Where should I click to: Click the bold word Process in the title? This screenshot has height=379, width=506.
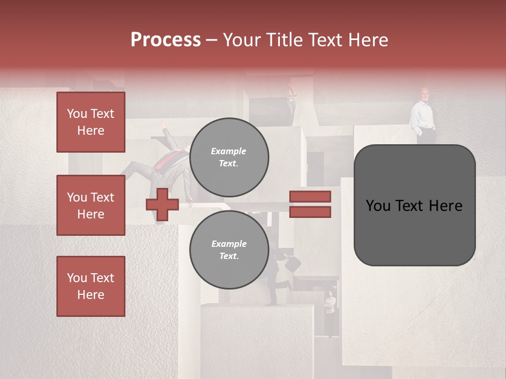click(166, 40)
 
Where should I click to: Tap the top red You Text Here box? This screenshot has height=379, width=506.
click(91, 122)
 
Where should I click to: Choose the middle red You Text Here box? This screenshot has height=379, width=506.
click(91, 205)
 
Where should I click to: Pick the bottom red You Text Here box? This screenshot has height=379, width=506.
click(91, 286)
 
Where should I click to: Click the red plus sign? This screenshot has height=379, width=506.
click(162, 204)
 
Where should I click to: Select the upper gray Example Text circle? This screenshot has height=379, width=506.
click(229, 157)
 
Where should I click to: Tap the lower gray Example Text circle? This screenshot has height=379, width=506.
click(229, 250)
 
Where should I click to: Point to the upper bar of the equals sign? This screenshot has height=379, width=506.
click(310, 197)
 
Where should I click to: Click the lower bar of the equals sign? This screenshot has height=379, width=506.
click(310, 212)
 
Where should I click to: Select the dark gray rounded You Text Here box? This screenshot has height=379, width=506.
click(414, 205)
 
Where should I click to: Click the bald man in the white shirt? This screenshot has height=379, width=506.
click(424, 116)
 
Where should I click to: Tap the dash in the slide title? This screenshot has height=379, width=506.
click(211, 40)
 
